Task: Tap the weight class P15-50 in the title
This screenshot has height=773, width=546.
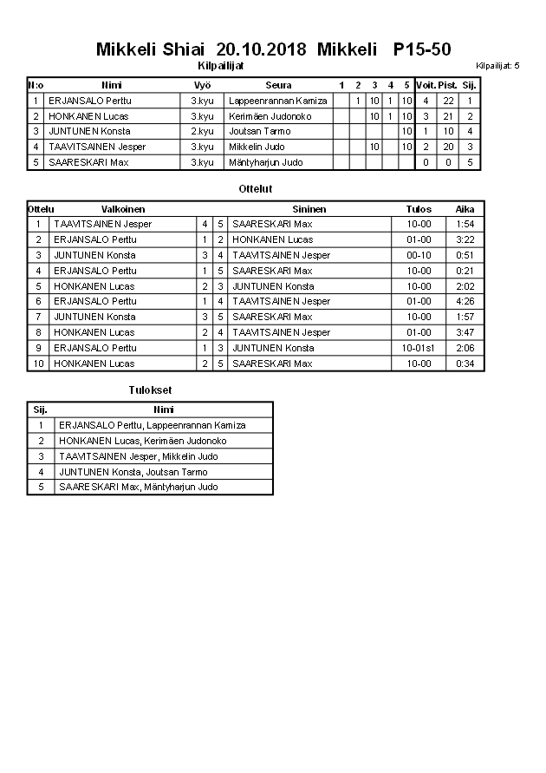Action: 421,49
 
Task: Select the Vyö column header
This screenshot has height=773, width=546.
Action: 202,85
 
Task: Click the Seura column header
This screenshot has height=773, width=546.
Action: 278,85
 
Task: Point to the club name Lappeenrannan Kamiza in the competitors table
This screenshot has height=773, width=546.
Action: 277,101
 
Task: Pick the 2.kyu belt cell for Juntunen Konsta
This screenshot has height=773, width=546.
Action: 202,131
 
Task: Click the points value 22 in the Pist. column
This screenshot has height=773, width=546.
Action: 448,101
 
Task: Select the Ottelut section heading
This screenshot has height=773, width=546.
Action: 255,188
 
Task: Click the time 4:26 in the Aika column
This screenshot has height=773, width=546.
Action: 465,302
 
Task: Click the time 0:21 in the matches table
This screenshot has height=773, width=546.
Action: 465,271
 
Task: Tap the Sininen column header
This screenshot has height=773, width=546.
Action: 309,209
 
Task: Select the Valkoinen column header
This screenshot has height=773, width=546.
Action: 123,209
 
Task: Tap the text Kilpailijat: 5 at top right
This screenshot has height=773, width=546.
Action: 497,66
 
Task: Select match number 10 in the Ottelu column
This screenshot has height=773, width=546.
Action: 38,364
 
